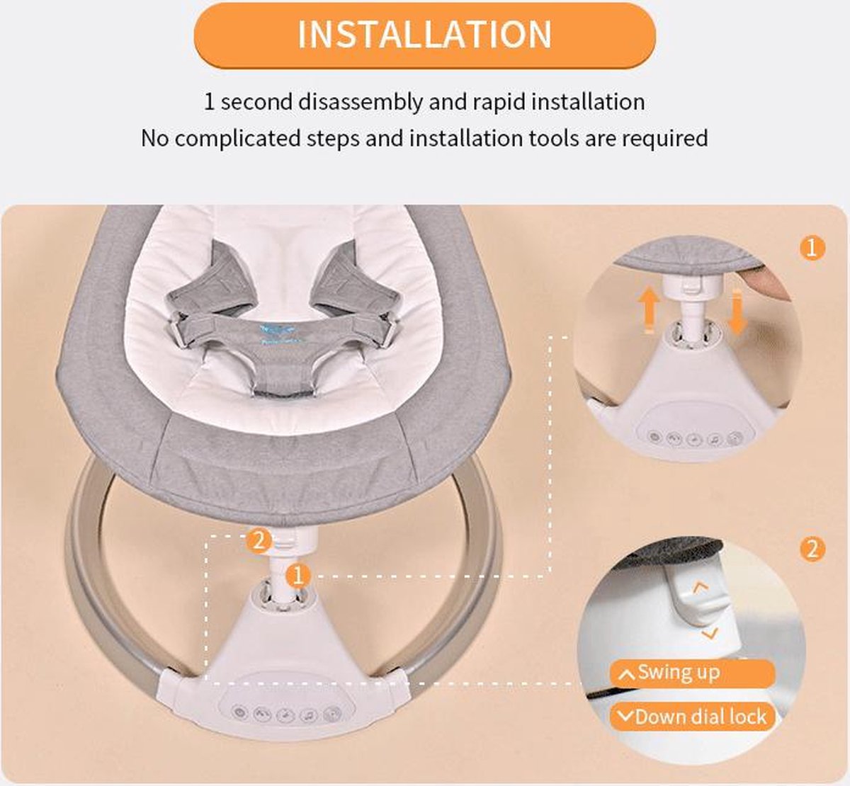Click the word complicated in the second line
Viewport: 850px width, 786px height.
coord(237,139)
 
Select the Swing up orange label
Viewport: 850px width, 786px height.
coord(693,673)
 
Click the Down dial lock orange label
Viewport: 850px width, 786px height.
coord(693,717)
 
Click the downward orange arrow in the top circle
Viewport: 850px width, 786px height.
coord(737,312)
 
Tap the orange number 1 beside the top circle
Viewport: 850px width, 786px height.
coord(812,248)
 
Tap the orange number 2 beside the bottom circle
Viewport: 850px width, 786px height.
coord(812,549)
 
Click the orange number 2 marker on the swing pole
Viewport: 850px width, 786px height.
coord(259,541)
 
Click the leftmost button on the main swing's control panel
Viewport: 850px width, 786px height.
coord(239,712)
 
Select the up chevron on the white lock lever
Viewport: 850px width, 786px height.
coord(701,588)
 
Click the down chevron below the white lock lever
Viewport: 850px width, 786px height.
coord(709,634)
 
